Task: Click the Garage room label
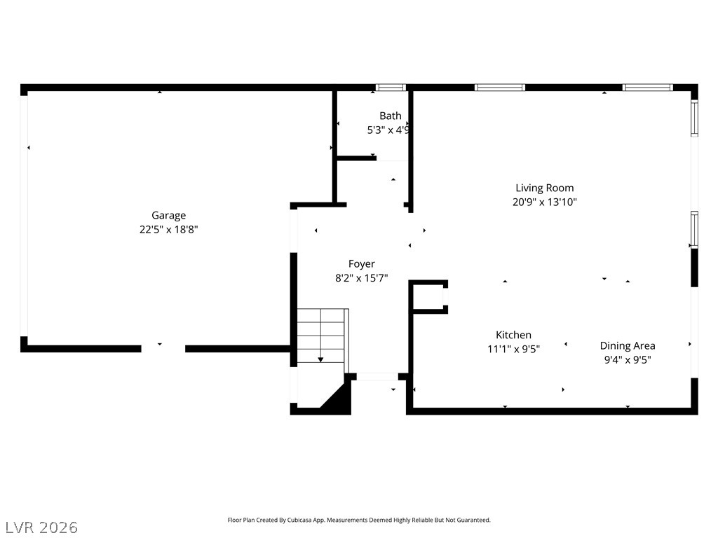(168, 216)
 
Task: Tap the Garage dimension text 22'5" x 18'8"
(168, 229)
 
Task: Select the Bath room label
(390, 116)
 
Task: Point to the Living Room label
(544, 188)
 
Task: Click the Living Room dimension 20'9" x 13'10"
(544, 202)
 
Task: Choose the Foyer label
(361, 264)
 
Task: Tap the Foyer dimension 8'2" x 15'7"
(361, 277)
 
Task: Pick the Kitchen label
(513, 335)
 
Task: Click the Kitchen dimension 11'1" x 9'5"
(513, 349)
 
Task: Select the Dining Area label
(628, 346)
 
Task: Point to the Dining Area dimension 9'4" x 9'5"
(628, 359)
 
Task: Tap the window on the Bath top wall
(391, 88)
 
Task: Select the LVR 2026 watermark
(39, 527)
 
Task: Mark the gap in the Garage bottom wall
(163, 349)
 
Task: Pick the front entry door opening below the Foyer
(377, 377)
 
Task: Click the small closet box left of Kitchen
(428, 297)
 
